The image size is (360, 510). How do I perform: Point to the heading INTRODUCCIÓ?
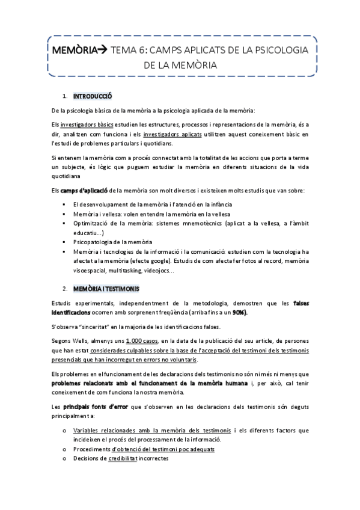point(92,96)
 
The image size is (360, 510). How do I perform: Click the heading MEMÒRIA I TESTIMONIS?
point(106,289)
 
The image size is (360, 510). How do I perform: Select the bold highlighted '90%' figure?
point(239,313)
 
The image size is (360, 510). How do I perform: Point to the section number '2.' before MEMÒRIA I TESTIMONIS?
point(64,289)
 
